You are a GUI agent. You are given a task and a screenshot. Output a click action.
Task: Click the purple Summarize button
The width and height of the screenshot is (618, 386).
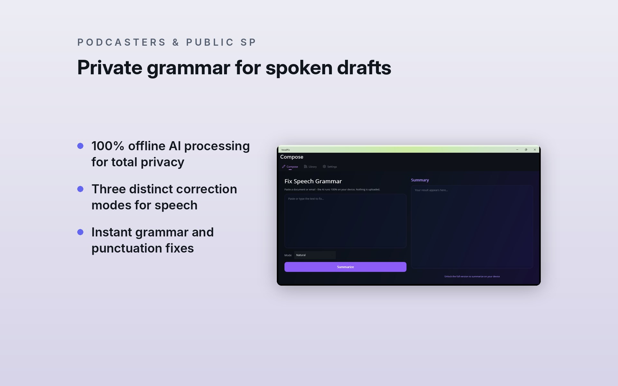[x=345, y=267]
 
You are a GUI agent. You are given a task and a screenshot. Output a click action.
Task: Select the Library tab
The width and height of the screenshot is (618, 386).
[x=310, y=167]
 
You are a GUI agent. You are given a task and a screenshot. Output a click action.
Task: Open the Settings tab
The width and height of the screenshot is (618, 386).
[x=330, y=167]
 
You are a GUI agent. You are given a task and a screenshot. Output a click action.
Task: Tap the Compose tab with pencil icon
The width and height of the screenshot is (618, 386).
[x=290, y=167]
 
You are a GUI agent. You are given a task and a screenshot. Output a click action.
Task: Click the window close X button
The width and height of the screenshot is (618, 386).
[x=535, y=150]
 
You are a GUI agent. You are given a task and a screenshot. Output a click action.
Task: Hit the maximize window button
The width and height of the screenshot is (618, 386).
[x=526, y=150]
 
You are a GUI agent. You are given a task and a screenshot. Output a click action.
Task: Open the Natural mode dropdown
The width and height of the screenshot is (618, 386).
[x=315, y=255]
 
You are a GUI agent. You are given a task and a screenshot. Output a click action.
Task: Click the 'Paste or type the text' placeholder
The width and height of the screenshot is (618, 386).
[x=306, y=199]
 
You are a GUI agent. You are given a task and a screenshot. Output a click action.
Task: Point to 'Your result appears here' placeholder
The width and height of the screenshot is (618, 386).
[x=431, y=190]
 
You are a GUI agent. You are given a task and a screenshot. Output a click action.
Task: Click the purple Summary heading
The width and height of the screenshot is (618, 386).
[x=420, y=180]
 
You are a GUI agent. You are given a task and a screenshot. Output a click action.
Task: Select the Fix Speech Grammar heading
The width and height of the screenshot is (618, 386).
[x=313, y=181]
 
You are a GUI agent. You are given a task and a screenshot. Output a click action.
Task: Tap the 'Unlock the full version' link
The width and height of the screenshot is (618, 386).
[x=472, y=276]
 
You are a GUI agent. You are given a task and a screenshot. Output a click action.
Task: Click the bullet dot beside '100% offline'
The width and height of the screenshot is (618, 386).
[x=80, y=146]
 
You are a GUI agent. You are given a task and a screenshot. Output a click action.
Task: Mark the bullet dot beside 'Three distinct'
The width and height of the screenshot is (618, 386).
[x=80, y=189]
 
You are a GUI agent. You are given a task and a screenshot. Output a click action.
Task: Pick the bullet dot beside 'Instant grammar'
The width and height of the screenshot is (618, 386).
[x=80, y=232]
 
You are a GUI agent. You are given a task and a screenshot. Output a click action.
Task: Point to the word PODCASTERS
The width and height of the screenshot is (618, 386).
[x=122, y=42]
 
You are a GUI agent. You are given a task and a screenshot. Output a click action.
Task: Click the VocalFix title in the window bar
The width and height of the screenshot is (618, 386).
[x=286, y=150]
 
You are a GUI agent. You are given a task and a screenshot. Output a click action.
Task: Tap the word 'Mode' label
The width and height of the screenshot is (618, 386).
[x=288, y=255]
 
